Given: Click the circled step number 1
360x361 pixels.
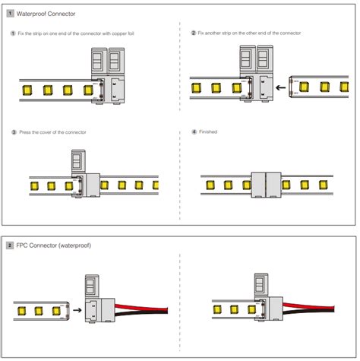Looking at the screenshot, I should point(13,33).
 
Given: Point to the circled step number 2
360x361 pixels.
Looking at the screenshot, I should point(194,33).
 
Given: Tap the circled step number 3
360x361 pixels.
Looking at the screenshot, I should point(13,132).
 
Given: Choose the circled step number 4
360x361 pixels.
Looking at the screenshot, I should point(194,132).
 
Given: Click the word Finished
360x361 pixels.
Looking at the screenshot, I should point(208,132).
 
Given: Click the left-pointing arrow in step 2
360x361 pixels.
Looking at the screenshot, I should point(281,88).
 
